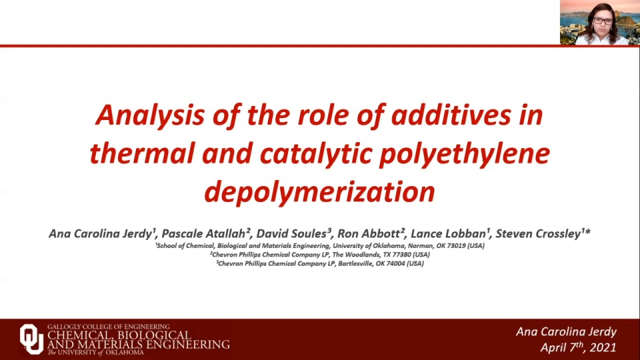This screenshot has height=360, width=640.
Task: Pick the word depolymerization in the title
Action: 319,192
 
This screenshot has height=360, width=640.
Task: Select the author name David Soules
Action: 294,233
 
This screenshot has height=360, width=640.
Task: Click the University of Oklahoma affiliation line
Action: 319,245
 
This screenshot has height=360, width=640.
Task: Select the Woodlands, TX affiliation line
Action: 319,254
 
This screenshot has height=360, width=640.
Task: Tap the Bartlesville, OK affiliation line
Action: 319,263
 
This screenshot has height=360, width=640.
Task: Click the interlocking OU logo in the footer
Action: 31,338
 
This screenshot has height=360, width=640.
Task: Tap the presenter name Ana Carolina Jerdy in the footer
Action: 567,331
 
